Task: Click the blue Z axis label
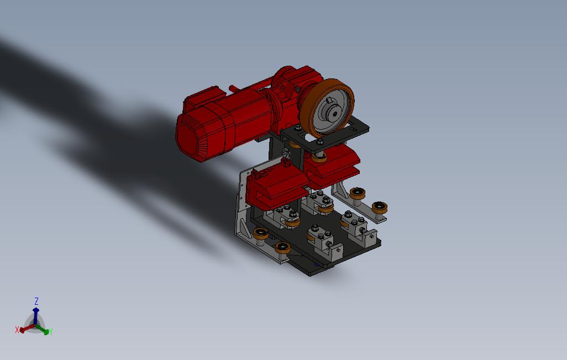36,301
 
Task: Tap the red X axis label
17,330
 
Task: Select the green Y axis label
51,331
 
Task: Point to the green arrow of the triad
43,329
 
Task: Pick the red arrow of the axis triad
28,328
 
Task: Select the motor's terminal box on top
201,98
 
